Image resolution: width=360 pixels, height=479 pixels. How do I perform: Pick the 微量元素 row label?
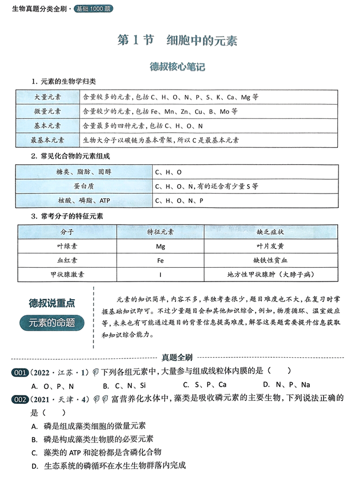click(x=48, y=111)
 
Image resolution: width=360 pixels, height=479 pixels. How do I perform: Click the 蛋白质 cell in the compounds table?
click(x=84, y=186)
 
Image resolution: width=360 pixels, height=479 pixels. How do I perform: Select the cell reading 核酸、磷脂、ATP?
click(x=84, y=201)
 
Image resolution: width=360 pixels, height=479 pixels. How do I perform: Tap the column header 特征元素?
click(x=160, y=231)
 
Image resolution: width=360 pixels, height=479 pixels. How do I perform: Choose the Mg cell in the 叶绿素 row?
click(x=160, y=245)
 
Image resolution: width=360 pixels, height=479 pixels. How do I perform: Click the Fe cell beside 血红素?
click(x=160, y=259)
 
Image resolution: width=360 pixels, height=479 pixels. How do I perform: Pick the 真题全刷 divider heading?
click(x=179, y=358)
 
